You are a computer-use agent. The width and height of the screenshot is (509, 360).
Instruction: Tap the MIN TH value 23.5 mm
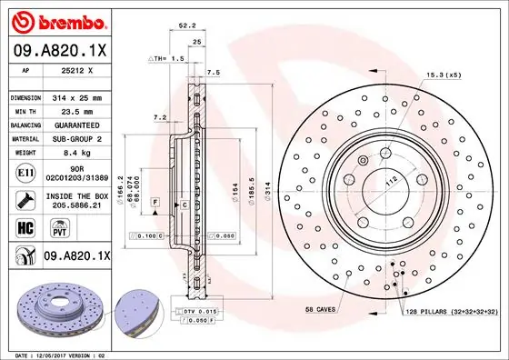point(81,111)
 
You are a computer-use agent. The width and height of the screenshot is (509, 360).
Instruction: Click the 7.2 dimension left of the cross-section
point(159,118)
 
